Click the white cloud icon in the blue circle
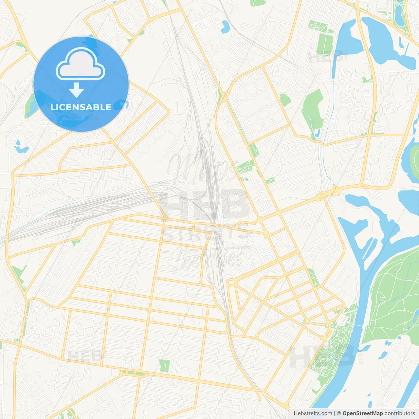tap(80, 64)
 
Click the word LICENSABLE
tap(81, 107)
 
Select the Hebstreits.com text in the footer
tap(313, 413)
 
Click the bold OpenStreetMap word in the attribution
tap(362, 413)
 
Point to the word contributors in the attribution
tap(400, 413)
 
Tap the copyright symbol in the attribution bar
tap(339, 413)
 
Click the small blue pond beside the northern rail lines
tap(225, 27)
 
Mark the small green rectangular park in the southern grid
tap(165, 366)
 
